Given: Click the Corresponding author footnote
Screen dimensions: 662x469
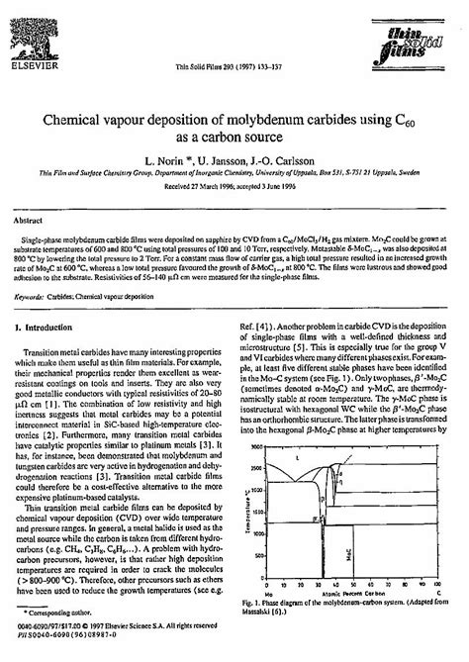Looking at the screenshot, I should point(68,612).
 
